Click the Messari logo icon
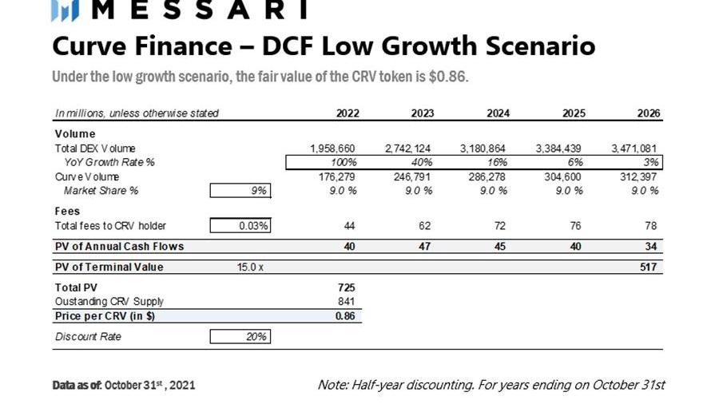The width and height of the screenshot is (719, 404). tap(64, 10)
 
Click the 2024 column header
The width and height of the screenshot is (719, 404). tap(498, 113)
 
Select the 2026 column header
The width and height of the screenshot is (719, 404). tap(649, 113)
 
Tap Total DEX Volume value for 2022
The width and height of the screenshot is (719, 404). tap(332, 149)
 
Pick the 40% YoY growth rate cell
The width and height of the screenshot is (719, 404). tap(421, 162)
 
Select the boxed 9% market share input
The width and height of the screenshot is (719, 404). tap(240, 190)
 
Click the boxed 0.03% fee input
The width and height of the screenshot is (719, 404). tap(240, 226)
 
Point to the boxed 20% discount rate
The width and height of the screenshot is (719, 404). tap(240, 337)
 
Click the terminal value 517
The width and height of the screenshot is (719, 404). tap(649, 267)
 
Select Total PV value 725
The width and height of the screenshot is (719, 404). tap(346, 287)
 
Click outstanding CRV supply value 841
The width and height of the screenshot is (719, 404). tap(346, 301)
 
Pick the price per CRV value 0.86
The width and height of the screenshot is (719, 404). tap(345, 315)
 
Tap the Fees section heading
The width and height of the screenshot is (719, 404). tap(68, 211)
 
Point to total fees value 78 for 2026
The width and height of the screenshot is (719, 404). tap(652, 226)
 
